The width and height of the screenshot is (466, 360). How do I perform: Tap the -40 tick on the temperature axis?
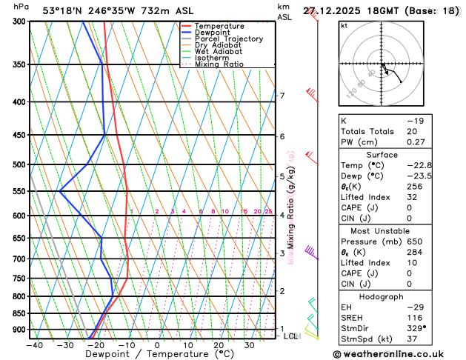point(33,344)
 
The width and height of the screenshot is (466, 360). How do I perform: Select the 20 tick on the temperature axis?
point(219,344)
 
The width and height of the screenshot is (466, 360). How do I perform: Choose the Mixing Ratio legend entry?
point(219,64)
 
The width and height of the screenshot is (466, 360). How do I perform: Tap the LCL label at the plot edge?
point(290,336)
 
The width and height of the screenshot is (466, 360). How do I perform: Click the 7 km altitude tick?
point(282,96)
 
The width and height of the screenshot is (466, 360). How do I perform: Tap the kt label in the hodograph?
point(344,26)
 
